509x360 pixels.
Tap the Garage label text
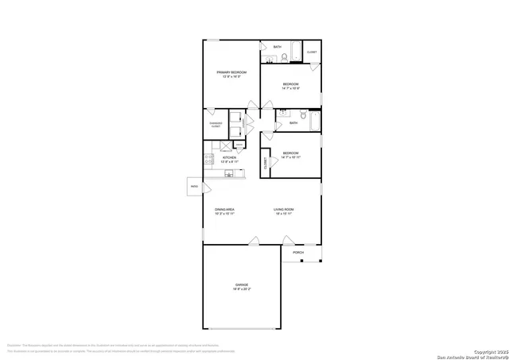[241, 285]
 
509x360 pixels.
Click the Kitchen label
[229, 157]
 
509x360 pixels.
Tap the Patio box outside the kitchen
[194, 187]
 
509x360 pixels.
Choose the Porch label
[298, 253]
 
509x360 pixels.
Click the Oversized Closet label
[215, 124]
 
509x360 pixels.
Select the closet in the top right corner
[312, 52]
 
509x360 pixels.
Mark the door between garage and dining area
[254, 241]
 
